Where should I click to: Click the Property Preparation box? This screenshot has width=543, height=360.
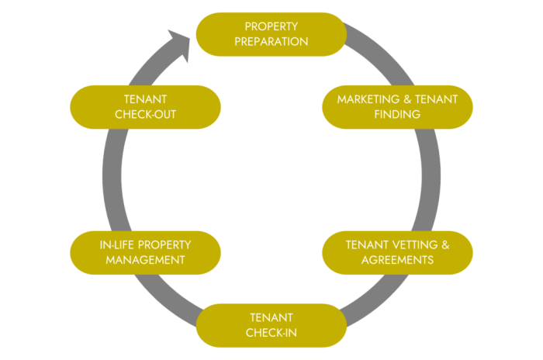(271, 34)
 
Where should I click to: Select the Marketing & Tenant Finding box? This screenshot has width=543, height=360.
(397, 107)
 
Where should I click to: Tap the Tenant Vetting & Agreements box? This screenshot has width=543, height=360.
(397, 252)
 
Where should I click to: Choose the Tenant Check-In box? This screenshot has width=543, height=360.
(271, 325)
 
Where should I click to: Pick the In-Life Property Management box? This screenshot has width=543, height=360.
(145, 252)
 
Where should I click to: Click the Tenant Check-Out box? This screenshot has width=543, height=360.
(145, 107)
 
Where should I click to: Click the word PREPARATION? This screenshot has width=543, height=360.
(271, 42)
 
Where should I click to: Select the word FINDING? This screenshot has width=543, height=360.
(397, 115)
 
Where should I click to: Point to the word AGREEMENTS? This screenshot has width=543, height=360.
(397, 260)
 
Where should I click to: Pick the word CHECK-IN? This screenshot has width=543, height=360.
(271, 333)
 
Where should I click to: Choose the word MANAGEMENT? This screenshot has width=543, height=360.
(145, 260)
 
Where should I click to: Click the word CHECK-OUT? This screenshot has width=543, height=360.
(145, 115)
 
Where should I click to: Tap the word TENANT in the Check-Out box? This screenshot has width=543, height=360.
(145, 100)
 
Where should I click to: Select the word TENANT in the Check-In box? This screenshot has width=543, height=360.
(271, 318)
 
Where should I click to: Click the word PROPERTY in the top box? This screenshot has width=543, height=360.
(271, 27)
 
